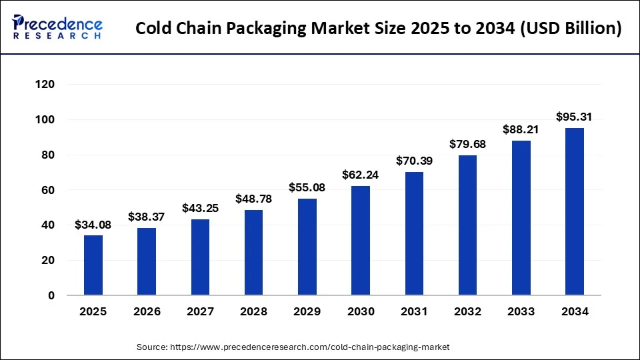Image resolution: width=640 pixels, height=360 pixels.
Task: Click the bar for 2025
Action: coord(93,265)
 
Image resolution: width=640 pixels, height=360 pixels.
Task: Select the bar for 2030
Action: coord(361,241)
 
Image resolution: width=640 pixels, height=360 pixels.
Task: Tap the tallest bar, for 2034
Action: coord(575,211)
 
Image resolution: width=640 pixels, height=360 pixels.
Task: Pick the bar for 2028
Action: coord(253,253)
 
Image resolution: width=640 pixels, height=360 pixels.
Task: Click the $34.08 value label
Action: coord(93,225)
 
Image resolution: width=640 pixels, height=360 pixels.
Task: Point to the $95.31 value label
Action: coord(575,117)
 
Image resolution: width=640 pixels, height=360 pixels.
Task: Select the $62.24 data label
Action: coord(361,175)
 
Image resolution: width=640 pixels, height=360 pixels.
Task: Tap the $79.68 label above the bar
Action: coord(467,145)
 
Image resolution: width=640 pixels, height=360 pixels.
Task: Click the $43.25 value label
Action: coord(200,209)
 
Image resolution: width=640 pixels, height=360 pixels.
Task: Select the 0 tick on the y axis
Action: coord(51,295)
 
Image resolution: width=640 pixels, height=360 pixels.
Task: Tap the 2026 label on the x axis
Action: coord(147,311)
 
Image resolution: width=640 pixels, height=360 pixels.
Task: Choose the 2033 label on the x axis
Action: coord(521,311)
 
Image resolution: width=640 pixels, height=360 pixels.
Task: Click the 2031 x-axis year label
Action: coord(414,311)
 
